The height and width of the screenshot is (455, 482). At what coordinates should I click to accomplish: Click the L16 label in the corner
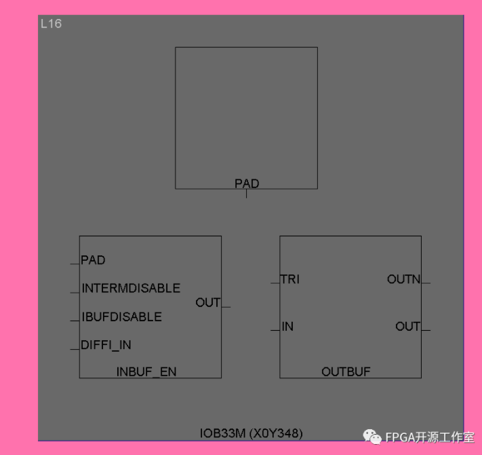(x=51, y=24)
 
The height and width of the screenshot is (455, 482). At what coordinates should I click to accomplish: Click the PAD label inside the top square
(x=247, y=183)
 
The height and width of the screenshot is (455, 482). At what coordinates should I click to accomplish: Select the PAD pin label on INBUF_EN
(x=93, y=260)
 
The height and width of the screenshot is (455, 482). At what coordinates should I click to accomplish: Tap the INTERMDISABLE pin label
(x=131, y=288)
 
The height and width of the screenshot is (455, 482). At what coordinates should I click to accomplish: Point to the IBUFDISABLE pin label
(x=121, y=316)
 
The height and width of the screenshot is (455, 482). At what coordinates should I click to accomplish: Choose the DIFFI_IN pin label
(x=106, y=345)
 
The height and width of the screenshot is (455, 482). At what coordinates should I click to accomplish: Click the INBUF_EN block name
(x=146, y=371)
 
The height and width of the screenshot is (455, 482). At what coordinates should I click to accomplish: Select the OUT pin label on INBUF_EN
(x=208, y=302)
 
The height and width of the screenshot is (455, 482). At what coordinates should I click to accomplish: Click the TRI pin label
(x=289, y=279)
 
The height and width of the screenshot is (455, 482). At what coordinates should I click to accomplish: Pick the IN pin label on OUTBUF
(x=287, y=327)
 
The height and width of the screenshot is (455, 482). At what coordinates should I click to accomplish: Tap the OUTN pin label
(x=404, y=279)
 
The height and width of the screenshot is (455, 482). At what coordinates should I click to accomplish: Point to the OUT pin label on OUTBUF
(x=408, y=327)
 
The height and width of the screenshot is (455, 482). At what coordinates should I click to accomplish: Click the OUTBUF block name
(x=346, y=371)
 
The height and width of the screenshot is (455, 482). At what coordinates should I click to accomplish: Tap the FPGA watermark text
(x=429, y=438)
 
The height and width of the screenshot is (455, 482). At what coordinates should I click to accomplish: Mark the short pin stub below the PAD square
(x=246, y=194)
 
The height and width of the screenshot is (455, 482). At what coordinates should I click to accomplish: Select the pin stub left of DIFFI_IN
(x=75, y=349)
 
